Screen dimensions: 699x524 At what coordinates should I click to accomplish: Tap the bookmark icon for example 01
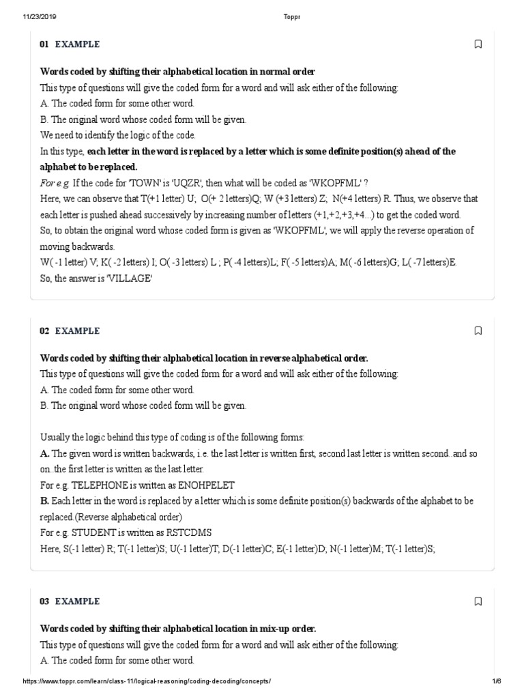478,44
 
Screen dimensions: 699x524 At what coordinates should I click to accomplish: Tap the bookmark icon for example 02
478,331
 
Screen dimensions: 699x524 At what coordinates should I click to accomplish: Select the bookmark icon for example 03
478,601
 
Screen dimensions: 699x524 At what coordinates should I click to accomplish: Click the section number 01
44,44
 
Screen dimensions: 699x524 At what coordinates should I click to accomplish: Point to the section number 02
44,331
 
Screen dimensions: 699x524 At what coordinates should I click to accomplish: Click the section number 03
44,601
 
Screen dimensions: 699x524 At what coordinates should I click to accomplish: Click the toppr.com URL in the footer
147,681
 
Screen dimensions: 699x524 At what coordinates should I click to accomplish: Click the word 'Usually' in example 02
55,437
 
